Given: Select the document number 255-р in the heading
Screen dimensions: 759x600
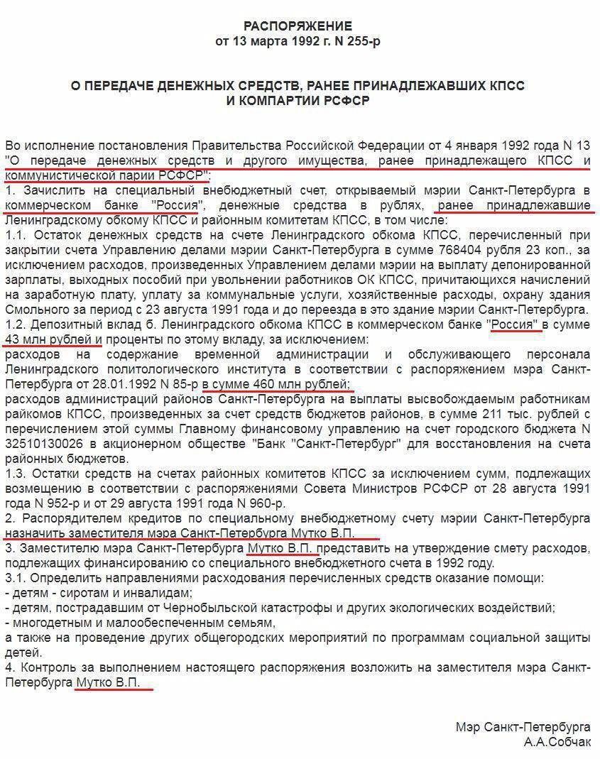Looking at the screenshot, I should (361, 41).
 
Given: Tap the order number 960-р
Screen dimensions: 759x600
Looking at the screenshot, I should (249, 503).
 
